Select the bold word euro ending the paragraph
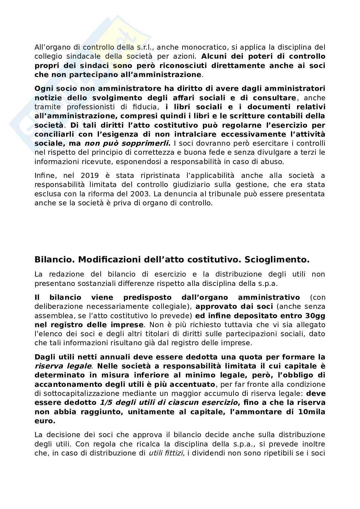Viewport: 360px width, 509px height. [x=45, y=421]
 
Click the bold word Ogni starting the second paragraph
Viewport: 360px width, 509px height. [x=44, y=89]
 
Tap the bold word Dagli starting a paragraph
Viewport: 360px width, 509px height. [x=45, y=357]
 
